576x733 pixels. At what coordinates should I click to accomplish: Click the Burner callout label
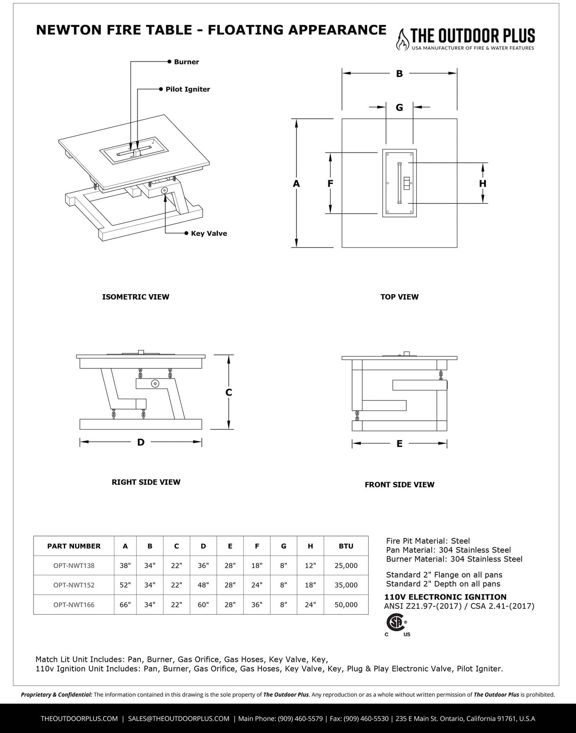pyautogui.click(x=186, y=62)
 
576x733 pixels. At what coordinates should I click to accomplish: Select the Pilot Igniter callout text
pyautogui.click(x=187, y=89)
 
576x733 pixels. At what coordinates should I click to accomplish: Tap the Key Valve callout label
pyautogui.click(x=208, y=233)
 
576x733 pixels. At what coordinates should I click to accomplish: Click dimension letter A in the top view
pyautogui.click(x=296, y=183)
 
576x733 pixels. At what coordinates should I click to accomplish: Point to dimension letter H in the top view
pyautogui.click(x=482, y=183)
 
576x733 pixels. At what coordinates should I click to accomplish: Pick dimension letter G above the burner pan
pyautogui.click(x=399, y=107)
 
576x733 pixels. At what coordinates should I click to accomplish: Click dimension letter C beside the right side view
pyautogui.click(x=228, y=392)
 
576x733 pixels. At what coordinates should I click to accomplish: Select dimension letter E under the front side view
pyautogui.click(x=399, y=443)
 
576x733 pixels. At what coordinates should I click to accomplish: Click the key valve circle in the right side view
pyautogui.click(x=155, y=384)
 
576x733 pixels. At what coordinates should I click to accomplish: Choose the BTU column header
pyautogui.click(x=346, y=546)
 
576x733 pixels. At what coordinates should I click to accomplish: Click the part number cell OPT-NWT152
pyautogui.click(x=74, y=585)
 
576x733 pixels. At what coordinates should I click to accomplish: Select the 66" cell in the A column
pyautogui.click(x=125, y=605)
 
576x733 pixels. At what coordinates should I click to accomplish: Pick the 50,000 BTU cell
pyautogui.click(x=346, y=605)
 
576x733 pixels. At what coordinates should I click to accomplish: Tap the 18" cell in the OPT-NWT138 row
pyautogui.click(x=257, y=566)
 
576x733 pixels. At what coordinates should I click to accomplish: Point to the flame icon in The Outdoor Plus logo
pyautogui.click(x=403, y=39)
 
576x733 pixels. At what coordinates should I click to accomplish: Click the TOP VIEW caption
pyautogui.click(x=399, y=297)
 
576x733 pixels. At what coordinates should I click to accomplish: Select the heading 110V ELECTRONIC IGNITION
pyautogui.click(x=445, y=597)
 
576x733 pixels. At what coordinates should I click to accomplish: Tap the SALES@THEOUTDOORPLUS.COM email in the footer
pyautogui.click(x=179, y=719)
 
